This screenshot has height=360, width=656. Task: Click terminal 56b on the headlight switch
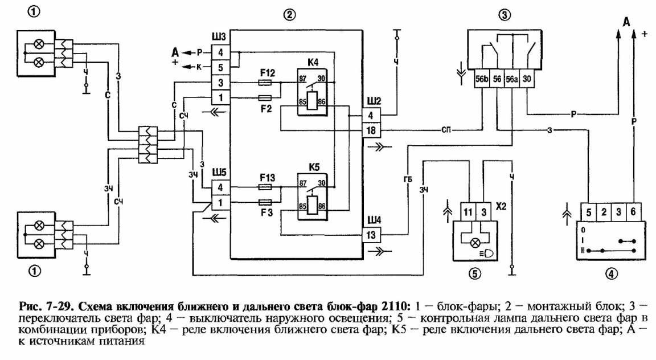pyautogui.click(x=482, y=79)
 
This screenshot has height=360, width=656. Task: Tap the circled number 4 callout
pyautogui.click(x=610, y=273)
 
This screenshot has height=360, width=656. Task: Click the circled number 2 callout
pyautogui.click(x=290, y=15)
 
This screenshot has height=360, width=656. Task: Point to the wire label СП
pyautogui.click(x=444, y=130)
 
